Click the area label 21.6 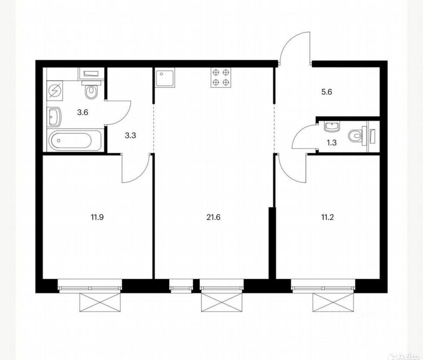(x=214, y=217)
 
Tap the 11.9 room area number (x=97, y=217)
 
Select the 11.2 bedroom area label (x=327, y=217)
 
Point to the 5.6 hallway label (x=326, y=92)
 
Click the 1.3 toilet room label (x=332, y=143)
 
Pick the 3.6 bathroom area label (x=83, y=112)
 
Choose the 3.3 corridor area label (x=130, y=136)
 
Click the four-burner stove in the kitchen (x=221, y=78)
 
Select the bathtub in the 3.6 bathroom (x=74, y=140)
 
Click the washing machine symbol (x=55, y=91)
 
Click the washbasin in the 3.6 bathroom (x=55, y=117)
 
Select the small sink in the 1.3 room (x=332, y=127)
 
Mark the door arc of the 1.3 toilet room (x=302, y=134)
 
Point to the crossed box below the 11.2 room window (x=333, y=302)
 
